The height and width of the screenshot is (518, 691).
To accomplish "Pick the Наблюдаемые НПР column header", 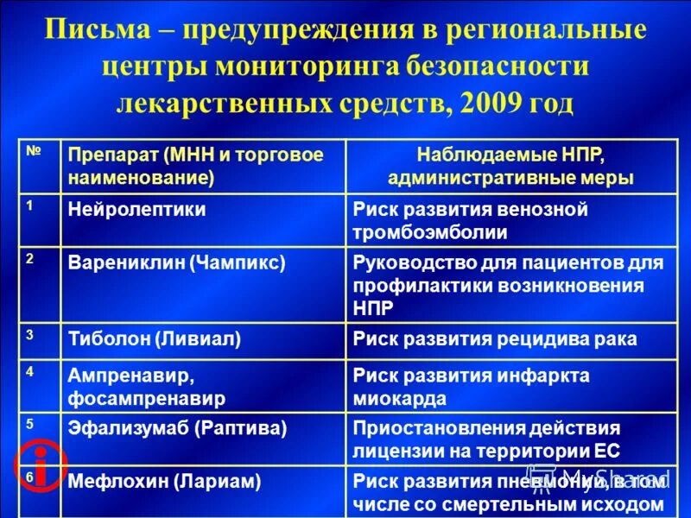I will point(510,166).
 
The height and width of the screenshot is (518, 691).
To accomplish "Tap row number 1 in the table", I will point(30,206).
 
